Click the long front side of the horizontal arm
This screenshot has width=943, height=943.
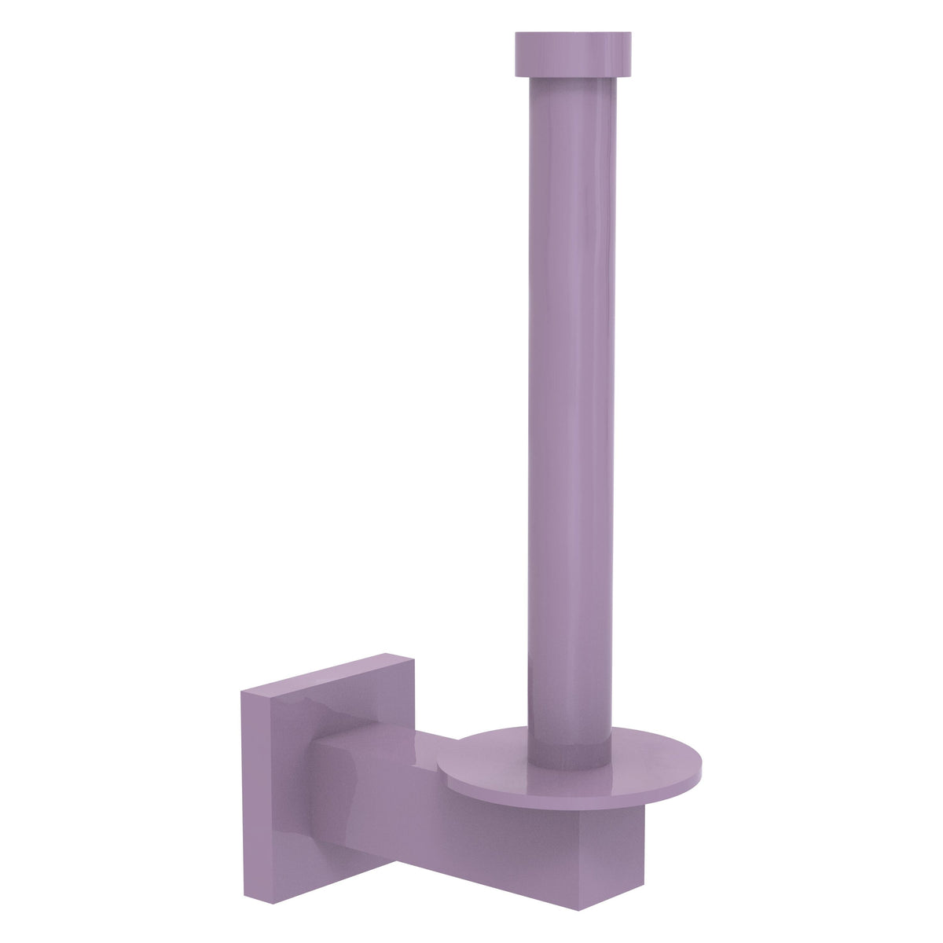(472, 817)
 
